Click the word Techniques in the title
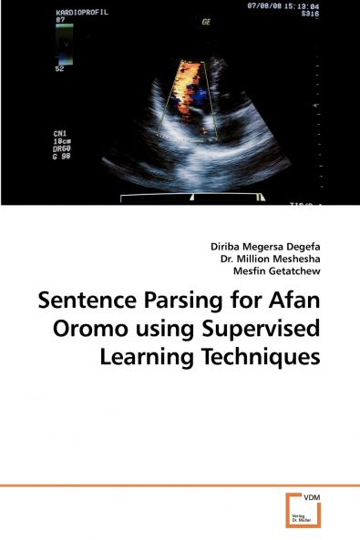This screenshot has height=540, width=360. click(270, 359)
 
